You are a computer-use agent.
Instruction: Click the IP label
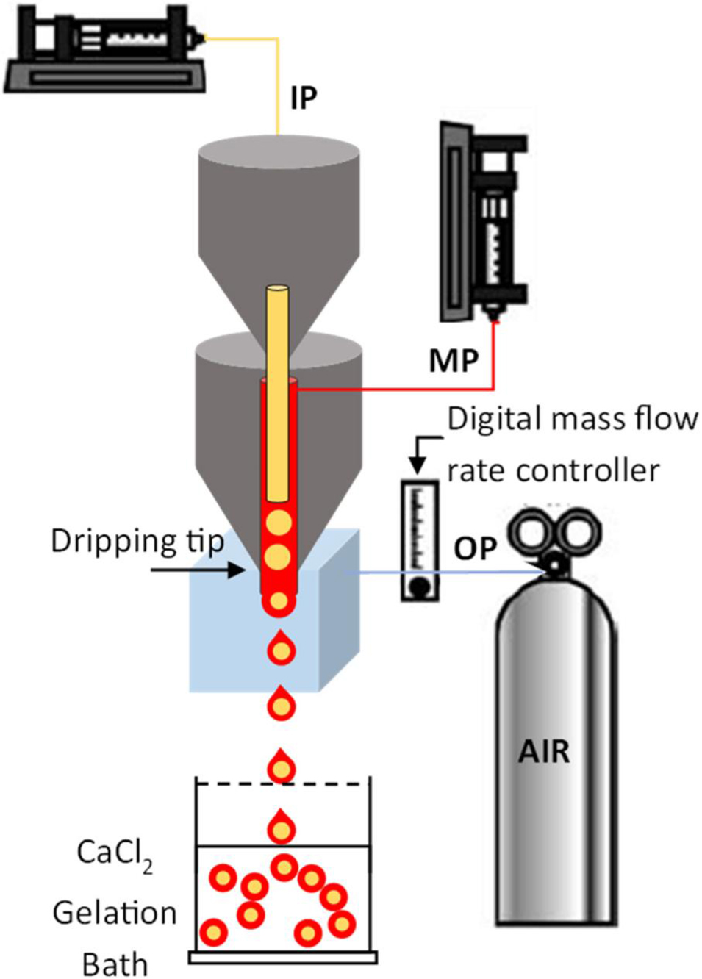pyautogui.click(x=304, y=97)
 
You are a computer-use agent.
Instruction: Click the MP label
pyautogui.click(x=454, y=361)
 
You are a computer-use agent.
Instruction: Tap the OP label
pyautogui.click(x=476, y=548)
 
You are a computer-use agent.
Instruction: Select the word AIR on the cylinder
pyautogui.click(x=544, y=752)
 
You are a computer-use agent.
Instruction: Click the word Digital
pyautogui.click(x=494, y=420)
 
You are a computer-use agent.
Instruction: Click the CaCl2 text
pyautogui.click(x=115, y=854)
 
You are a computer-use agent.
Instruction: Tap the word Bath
pyautogui.click(x=115, y=964)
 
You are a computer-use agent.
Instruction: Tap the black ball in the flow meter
pyautogui.click(x=420, y=587)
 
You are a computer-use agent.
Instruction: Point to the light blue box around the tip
pyautogui.click(x=221, y=632)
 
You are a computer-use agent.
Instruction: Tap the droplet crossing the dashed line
pyautogui.click(x=281, y=768)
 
